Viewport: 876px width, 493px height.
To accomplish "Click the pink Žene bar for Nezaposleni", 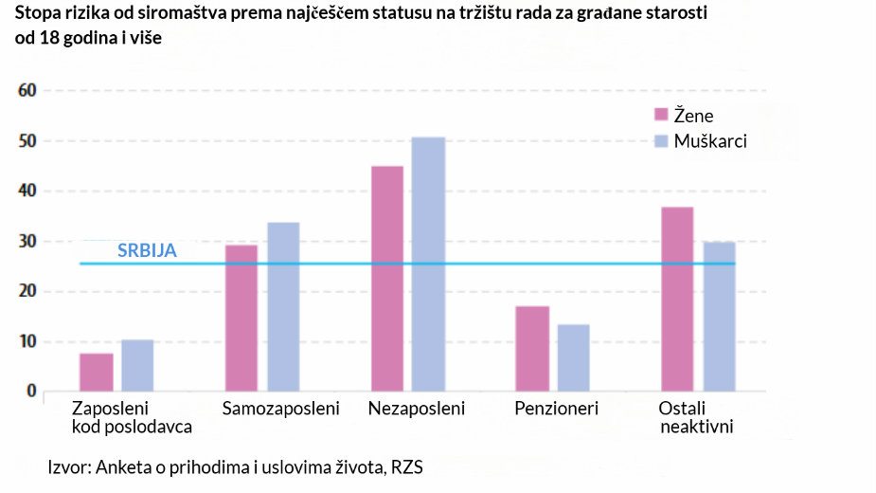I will click(387, 279).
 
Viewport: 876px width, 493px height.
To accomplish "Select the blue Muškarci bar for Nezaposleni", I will click(428, 265).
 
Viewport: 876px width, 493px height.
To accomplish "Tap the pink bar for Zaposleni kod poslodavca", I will click(97, 372).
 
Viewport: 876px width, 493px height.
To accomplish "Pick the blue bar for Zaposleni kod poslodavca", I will click(137, 365).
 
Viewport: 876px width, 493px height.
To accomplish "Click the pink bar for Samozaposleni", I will click(241, 318).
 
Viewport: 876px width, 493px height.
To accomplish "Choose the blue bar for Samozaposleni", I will click(283, 306).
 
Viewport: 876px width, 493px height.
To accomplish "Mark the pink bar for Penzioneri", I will click(532, 348).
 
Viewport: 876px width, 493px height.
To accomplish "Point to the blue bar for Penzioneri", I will click(573, 357).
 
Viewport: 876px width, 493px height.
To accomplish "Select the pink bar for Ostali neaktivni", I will click(676, 299).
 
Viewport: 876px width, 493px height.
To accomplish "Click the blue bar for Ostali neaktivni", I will click(718, 316).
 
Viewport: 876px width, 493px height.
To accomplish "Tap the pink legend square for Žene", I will click(662, 116).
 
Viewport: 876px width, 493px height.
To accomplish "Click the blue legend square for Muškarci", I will click(662, 141).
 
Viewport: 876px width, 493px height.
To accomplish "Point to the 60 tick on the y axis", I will click(26, 91).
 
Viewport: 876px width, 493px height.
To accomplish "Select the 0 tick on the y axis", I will click(30, 391).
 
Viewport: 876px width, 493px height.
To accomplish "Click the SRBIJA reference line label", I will click(147, 251).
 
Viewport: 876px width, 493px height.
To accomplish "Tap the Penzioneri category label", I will click(557, 410).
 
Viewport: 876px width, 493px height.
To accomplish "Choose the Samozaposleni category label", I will click(280, 410).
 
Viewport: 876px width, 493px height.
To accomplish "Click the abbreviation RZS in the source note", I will click(406, 467).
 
